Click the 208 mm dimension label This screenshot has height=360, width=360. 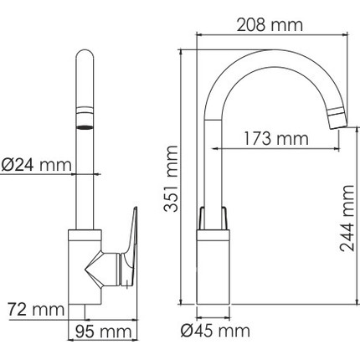click(270, 25)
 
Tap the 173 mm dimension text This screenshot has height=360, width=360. click(276, 139)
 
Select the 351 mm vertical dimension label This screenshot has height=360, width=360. click(171, 179)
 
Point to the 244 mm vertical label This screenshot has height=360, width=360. click(347, 219)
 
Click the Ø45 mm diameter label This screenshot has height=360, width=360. click(215, 332)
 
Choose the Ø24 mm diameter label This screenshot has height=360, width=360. click(36, 165)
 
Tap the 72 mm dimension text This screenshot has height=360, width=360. click(36, 310)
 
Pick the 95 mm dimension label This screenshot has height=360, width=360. click(103, 332)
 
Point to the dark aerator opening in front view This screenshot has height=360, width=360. click(85, 127)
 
